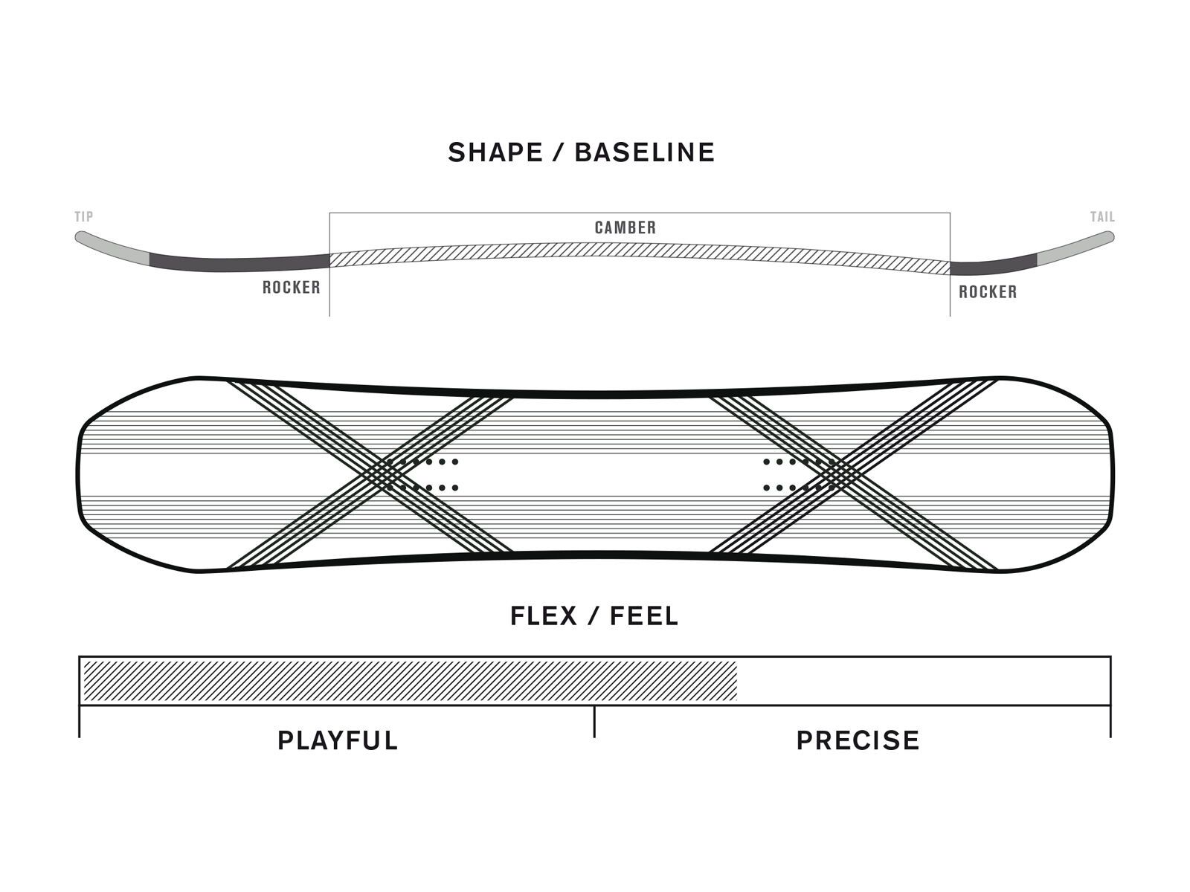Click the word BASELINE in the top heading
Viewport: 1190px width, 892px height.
tap(645, 152)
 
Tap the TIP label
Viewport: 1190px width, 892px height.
tap(84, 217)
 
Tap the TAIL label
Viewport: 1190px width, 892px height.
tap(1102, 217)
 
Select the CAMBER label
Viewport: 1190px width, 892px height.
tap(625, 227)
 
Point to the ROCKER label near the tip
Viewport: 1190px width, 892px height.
tap(291, 288)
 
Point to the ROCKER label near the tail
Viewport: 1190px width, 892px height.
tap(988, 292)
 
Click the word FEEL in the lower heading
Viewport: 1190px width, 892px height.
tap(644, 616)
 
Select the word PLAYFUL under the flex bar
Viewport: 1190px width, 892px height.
tap(338, 740)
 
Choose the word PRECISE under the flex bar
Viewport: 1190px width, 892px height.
tap(858, 740)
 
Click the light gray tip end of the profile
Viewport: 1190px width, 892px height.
tap(112, 248)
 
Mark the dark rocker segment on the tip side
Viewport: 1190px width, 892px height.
tap(238, 263)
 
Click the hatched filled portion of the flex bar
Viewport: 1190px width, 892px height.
tap(409, 680)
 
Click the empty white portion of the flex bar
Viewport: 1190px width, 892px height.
tap(922, 680)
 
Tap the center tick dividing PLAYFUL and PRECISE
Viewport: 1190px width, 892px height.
tap(594, 721)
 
